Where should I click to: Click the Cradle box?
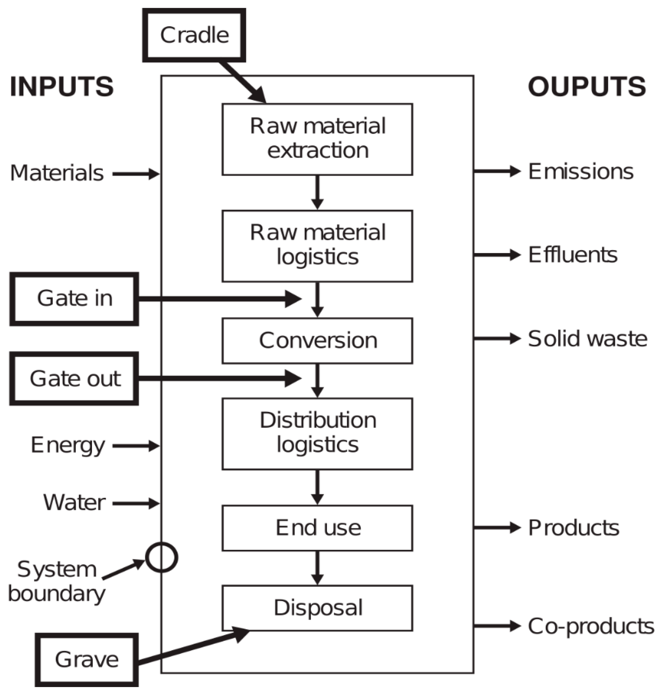(194, 35)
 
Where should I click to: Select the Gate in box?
(74, 299)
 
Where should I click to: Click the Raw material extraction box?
(317, 139)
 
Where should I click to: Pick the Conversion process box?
(317, 341)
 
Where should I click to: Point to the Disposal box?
(317, 608)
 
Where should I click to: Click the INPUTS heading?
(62, 87)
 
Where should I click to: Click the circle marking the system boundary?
(162, 558)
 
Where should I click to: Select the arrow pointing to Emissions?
(496, 171)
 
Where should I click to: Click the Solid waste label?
(587, 339)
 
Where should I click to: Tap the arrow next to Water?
(136, 503)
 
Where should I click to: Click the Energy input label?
(68, 445)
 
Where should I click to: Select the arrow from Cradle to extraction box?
(243, 82)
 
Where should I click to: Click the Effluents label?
(573, 255)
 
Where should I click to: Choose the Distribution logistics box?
(317, 434)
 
